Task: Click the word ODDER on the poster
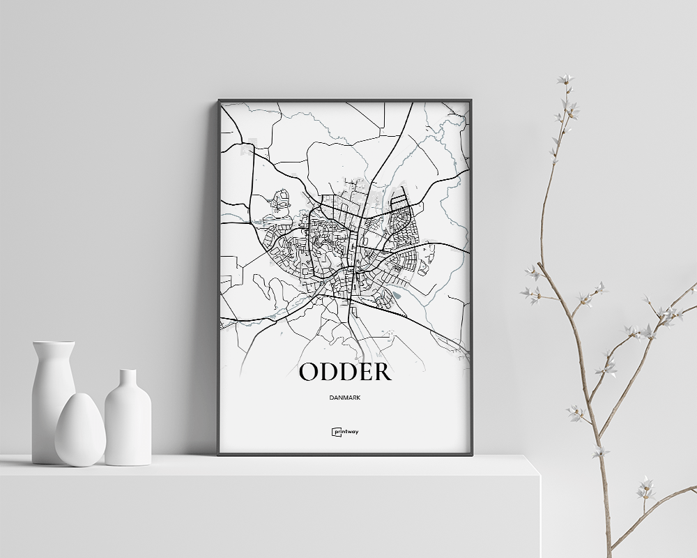coord(344,372)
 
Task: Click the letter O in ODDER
coord(309,372)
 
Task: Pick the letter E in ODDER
coord(364,372)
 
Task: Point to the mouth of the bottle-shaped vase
coord(128,372)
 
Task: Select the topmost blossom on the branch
coord(565,80)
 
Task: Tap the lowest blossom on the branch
coord(645,489)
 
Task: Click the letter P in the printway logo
coord(336,432)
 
